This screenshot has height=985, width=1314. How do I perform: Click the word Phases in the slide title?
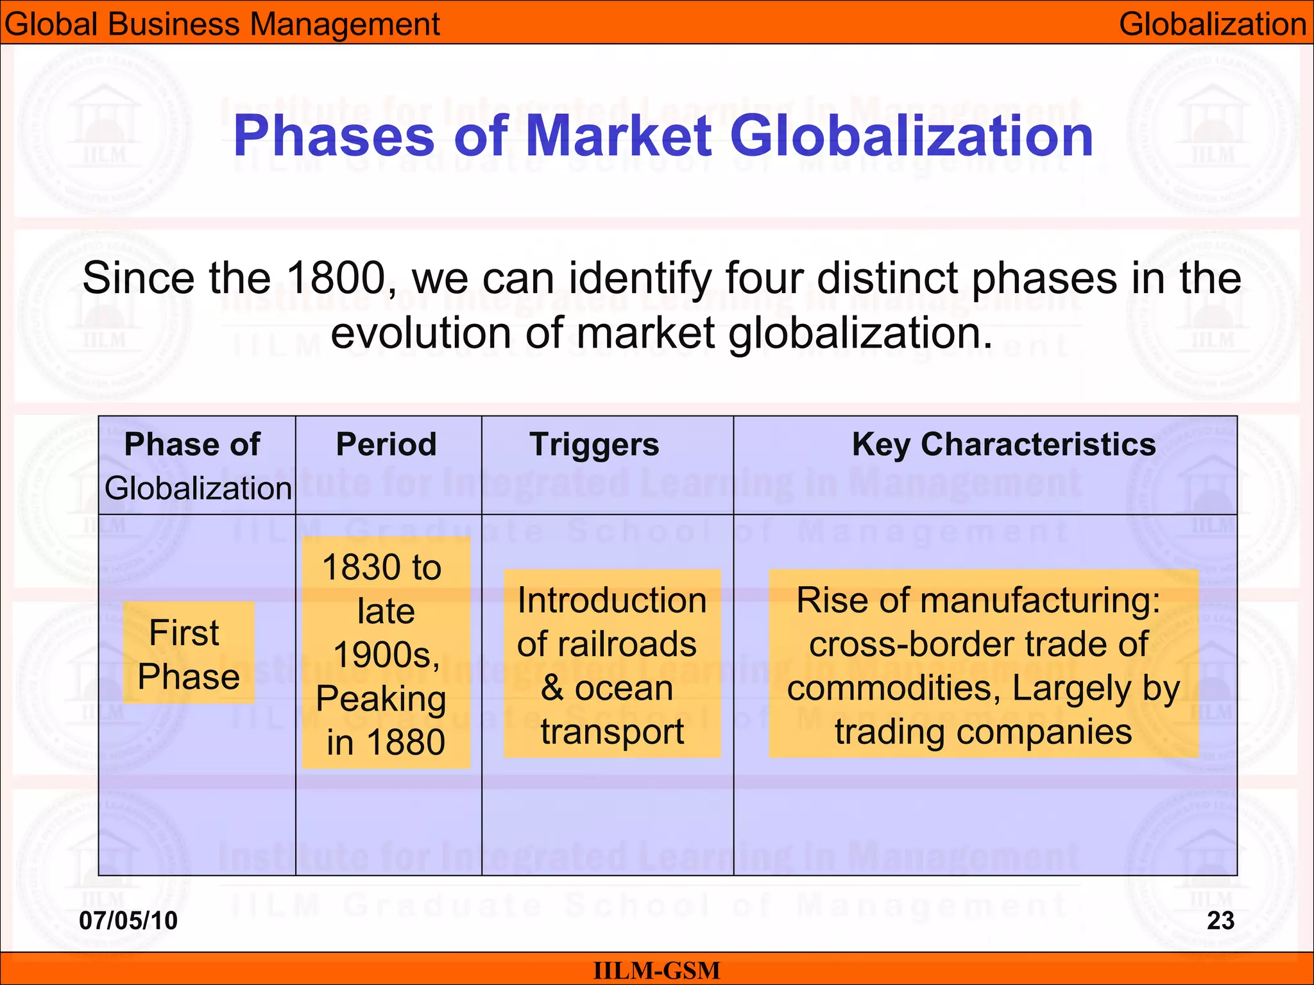pos(334,136)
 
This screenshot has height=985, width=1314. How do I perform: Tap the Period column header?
pos(386,444)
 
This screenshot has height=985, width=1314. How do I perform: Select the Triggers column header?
pos(594,444)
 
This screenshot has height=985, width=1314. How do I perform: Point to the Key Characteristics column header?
pos(1003,444)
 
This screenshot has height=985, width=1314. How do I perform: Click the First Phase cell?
pos(189,654)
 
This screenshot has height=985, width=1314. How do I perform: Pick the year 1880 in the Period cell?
pos(405,743)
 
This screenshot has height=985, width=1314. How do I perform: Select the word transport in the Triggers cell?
pos(612,732)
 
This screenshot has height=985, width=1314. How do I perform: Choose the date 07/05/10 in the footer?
pos(128,920)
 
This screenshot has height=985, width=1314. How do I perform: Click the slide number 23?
pos(1220,920)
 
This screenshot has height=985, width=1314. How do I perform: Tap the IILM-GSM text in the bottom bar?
pos(657,970)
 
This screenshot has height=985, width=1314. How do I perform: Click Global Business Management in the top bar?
pos(222,24)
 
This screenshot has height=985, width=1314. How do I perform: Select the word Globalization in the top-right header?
pos(1213,24)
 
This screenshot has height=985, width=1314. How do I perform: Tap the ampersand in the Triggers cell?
pos(552,688)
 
